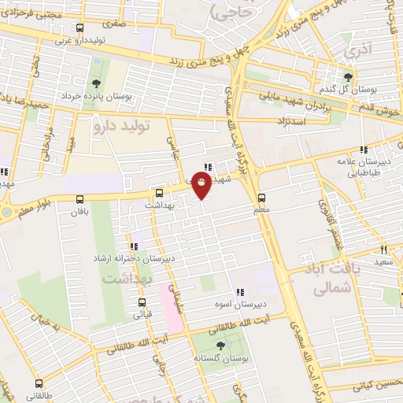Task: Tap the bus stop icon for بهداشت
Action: point(160,192)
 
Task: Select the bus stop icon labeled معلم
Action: point(262,198)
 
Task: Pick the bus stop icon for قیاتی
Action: point(142,301)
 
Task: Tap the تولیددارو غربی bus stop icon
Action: point(57,28)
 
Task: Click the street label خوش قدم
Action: point(383,105)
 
